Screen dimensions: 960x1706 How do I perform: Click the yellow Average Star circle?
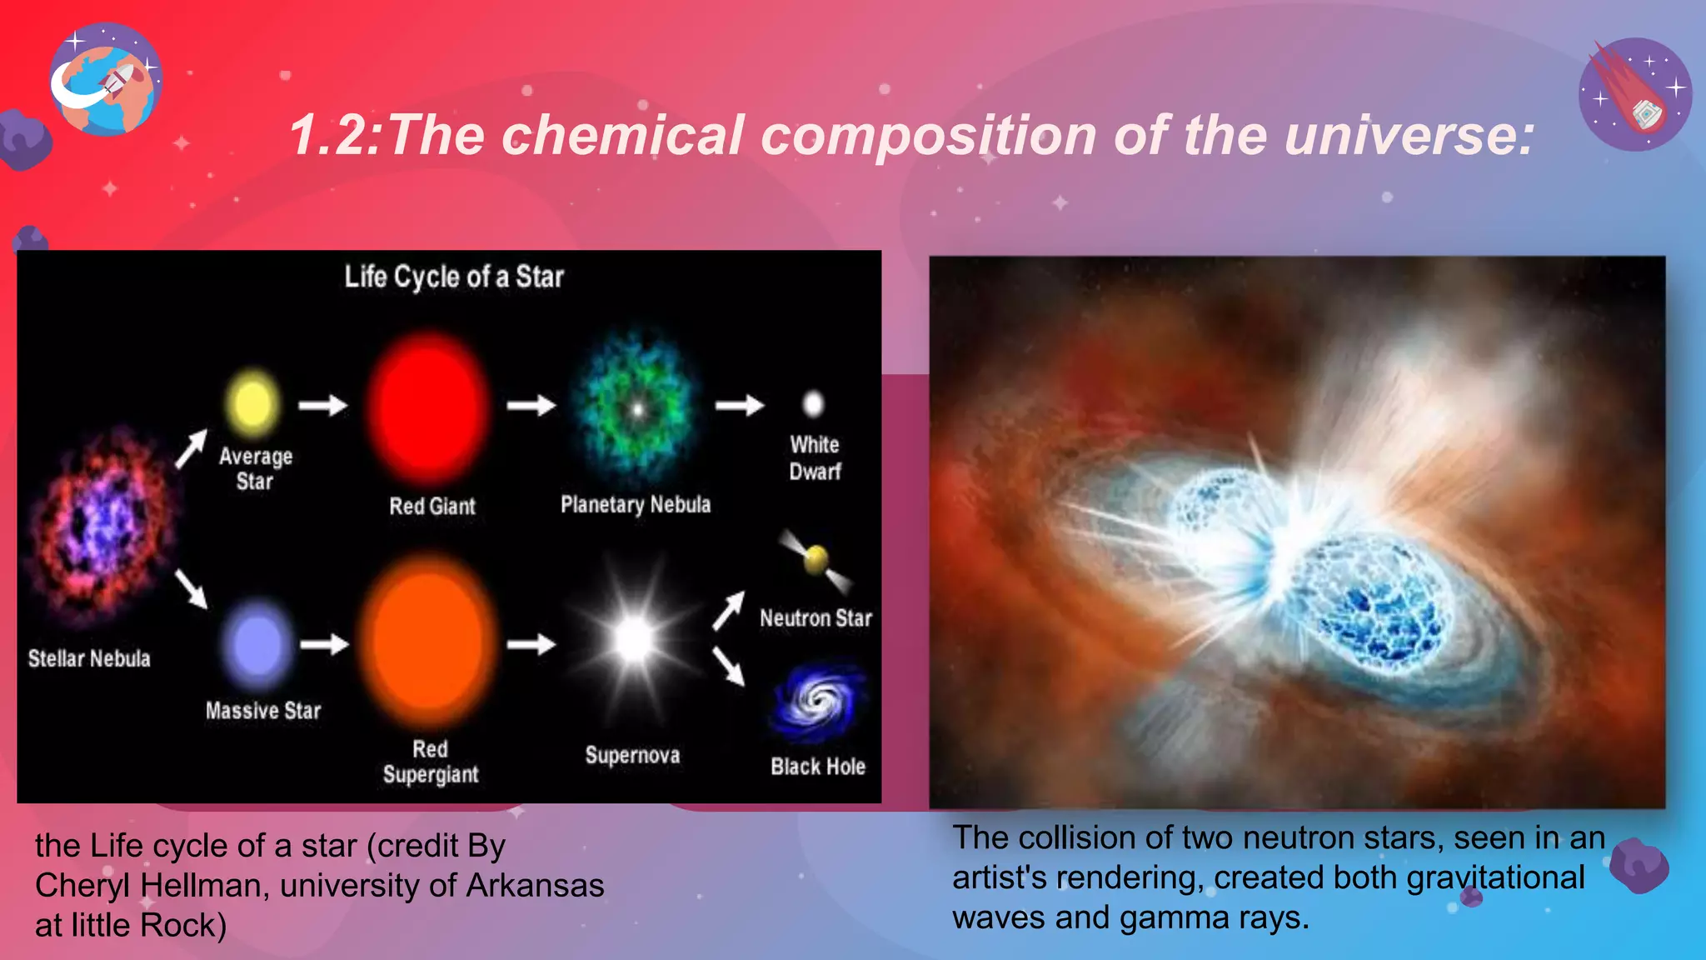coord(252,404)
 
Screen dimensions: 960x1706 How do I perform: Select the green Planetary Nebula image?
coord(637,408)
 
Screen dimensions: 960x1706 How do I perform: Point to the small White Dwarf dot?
coord(813,404)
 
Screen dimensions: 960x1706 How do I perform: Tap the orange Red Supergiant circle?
coord(428,642)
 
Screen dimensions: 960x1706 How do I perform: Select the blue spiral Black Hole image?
coord(819,702)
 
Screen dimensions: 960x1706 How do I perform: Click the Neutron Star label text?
coord(816,618)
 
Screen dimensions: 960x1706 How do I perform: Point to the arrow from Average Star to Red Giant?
coord(323,405)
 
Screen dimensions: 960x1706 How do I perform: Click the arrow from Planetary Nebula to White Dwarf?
coord(740,405)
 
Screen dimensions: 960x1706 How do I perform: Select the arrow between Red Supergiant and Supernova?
coord(531,644)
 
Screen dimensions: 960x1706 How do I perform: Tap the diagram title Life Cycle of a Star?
coord(454,277)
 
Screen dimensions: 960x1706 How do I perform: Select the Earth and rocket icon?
coord(105,80)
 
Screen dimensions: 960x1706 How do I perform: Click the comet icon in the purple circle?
coord(1634,94)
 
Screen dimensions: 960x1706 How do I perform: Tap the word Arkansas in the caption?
coord(535,885)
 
